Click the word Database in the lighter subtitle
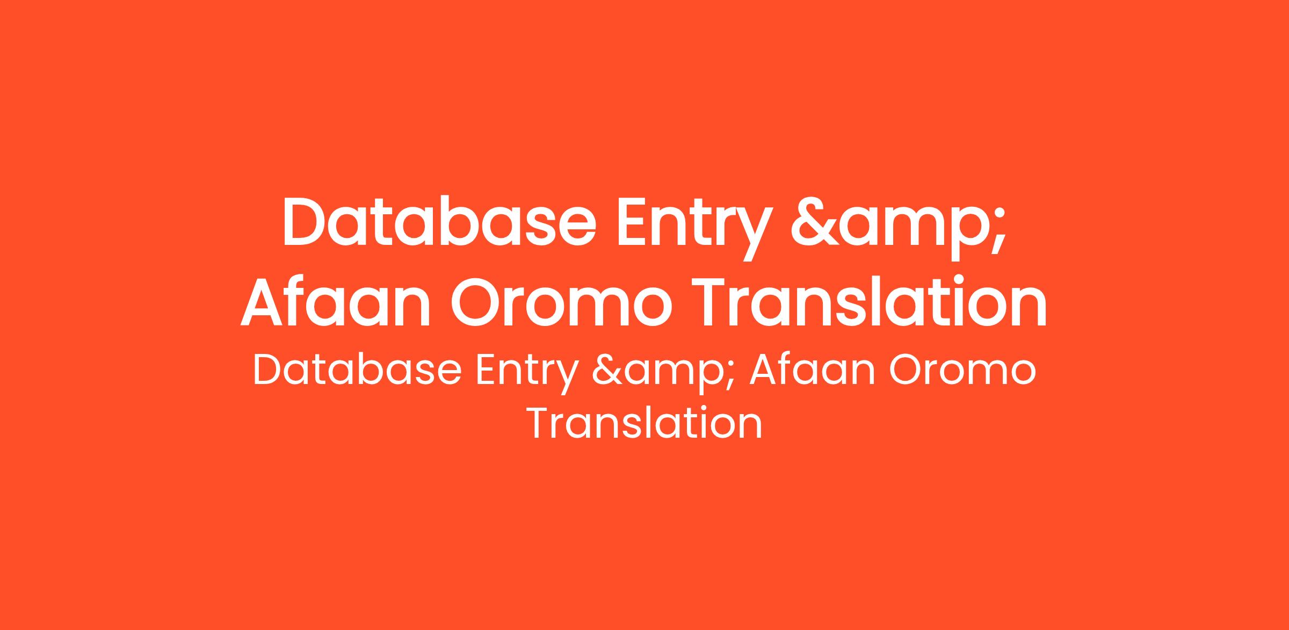pyautogui.click(x=357, y=370)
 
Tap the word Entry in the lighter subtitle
pyautogui.click(x=526, y=374)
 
